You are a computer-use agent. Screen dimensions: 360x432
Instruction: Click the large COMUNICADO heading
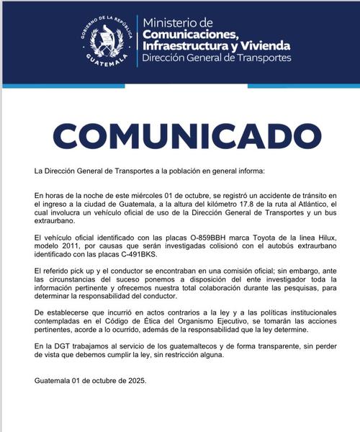(x=179, y=135)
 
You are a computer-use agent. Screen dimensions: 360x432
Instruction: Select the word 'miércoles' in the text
(x=151, y=197)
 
